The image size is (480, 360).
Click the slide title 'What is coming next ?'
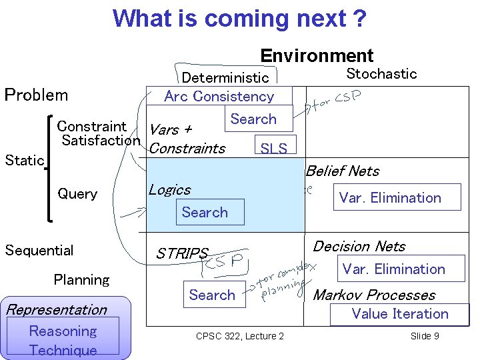point(239,18)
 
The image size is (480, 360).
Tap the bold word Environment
point(317,56)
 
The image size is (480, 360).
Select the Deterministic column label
point(225,79)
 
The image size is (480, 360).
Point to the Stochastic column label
point(381,73)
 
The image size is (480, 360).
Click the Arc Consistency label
point(219,96)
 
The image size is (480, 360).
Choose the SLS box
point(274,148)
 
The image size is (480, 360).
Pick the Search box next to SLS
point(253,119)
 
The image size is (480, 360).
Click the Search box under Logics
point(205,212)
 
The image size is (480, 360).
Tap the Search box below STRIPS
point(212,295)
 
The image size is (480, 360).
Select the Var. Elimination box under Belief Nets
point(390,197)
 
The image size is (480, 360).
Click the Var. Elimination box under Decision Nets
point(393,269)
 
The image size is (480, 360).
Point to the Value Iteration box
point(400,313)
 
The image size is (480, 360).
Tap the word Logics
point(169,190)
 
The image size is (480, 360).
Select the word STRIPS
point(182,253)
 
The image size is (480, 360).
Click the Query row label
point(77,194)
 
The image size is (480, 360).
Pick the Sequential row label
point(39,250)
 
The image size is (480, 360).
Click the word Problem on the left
point(36,95)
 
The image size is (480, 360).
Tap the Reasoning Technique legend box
point(63,340)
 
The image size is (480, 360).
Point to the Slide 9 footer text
point(425,335)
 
